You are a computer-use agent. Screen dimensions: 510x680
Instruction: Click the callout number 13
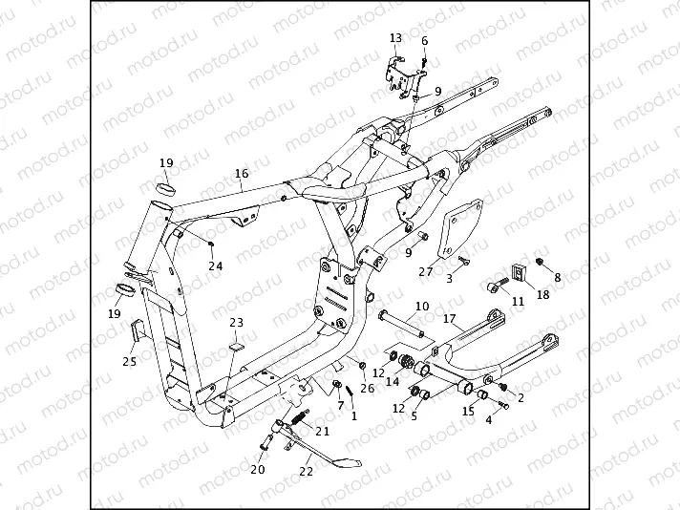click(396, 37)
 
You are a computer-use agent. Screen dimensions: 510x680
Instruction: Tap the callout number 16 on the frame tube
click(241, 174)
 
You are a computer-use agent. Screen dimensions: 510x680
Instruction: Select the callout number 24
click(216, 266)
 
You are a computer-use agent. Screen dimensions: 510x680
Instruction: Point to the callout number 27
click(426, 271)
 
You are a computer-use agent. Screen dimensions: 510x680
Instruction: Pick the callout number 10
click(421, 308)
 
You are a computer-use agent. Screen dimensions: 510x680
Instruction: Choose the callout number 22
click(307, 471)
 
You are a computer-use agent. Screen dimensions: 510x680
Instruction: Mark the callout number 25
click(129, 361)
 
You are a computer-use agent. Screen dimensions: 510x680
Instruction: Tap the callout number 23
click(236, 323)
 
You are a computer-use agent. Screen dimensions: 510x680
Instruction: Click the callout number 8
click(559, 277)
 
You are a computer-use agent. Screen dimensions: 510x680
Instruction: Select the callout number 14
click(393, 381)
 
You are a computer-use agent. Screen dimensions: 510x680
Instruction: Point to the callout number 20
click(257, 469)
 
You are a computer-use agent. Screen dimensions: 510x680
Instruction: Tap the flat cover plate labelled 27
click(457, 230)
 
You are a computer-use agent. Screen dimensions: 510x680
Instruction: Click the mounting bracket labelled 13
click(402, 75)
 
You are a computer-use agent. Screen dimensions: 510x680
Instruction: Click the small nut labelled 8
click(539, 261)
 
